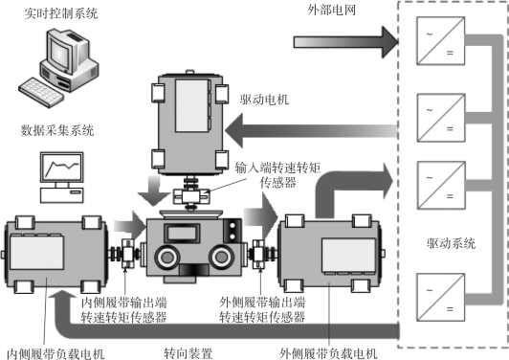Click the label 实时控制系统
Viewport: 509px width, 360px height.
(61, 13)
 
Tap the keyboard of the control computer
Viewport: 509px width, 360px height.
(40, 92)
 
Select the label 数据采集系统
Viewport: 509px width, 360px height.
(57, 130)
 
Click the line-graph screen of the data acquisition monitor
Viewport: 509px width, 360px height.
(61, 167)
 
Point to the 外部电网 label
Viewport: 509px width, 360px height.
(331, 10)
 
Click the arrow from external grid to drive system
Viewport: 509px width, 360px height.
(346, 42)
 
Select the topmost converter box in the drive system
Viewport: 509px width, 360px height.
(440, 41)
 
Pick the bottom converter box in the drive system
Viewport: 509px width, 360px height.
(440, 297)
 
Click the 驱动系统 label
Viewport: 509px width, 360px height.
(451, 243)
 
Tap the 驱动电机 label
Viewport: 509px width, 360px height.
(264, 100)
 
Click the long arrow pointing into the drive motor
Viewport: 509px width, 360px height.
(311, 131)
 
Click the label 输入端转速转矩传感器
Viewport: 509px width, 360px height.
(277, 175)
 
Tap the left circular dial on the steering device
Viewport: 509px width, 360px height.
(167, 257)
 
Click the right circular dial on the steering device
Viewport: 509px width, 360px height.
(221, 257)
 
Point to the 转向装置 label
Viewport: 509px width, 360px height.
(188, 353)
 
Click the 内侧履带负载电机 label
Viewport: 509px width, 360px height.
(55, 354)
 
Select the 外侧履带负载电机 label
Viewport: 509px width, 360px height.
(328, 353)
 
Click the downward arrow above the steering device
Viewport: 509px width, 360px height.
(154, 191)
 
